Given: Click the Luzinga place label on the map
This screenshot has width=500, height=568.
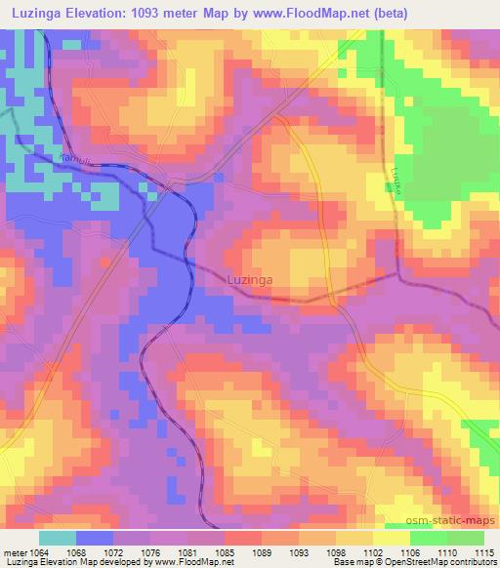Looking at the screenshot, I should pos(249,279).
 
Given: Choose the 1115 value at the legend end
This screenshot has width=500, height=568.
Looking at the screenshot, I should pos(483,553).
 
